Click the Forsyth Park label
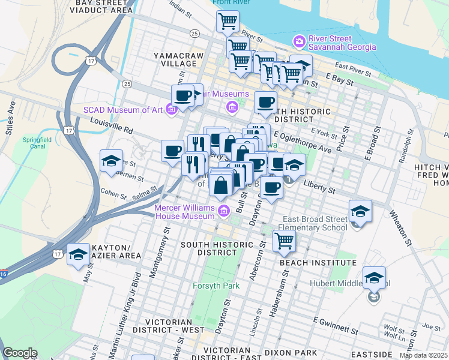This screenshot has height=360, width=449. (215, 286)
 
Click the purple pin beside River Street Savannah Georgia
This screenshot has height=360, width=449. (298, 41)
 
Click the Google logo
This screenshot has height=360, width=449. (20, 353)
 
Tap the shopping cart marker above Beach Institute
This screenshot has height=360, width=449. (284, 241)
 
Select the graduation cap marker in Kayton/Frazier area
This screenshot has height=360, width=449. (78, 255)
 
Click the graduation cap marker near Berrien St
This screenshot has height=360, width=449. (111, 161)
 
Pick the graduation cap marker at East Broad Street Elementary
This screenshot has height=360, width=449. (360, 211)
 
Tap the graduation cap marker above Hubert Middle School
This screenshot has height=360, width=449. (374, 278)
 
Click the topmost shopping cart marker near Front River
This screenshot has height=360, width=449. (228, 22)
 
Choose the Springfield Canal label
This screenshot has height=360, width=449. (33, 149)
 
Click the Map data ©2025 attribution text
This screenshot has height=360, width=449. (423, 355)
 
